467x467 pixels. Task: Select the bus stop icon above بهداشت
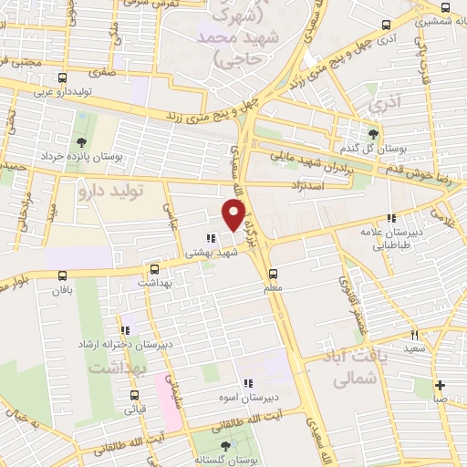tap(154, 269)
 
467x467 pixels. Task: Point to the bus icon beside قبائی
tap(135, 396)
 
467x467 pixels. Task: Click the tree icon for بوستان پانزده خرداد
tap(82, 141)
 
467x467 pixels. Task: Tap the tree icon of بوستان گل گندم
tap(372, 133)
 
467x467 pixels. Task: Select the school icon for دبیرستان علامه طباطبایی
tap(390, 218)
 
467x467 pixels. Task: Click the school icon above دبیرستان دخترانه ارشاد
tap(126, 328)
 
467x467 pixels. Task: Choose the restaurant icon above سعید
tap(413, 335)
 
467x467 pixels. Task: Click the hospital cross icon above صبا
tap(440, 385)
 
